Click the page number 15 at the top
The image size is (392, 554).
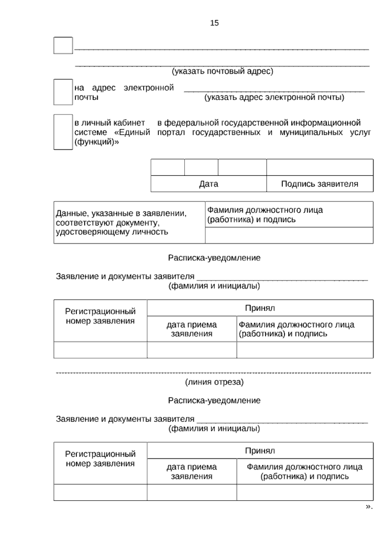214,23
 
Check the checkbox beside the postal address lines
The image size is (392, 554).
63,45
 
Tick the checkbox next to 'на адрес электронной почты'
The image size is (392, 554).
63,92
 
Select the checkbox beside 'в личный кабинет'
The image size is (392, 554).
63,132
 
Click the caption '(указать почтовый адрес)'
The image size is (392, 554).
222,71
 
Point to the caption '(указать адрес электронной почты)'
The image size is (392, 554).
274,97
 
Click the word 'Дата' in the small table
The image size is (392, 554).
208,184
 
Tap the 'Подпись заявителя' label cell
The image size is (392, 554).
319,184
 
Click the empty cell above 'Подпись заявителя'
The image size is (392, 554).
319,167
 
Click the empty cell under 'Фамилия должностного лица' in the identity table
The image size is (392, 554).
289,235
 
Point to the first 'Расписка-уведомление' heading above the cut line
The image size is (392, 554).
214,258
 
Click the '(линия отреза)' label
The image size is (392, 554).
214,382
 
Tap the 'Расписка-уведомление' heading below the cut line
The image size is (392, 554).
214,400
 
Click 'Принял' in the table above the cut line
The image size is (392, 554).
260,308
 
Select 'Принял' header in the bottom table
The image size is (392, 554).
260,451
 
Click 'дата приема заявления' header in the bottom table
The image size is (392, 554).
192,471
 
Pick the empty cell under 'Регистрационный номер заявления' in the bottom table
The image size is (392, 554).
100,492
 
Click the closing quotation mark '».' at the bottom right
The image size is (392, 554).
369,507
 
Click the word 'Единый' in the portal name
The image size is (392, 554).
134,132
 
